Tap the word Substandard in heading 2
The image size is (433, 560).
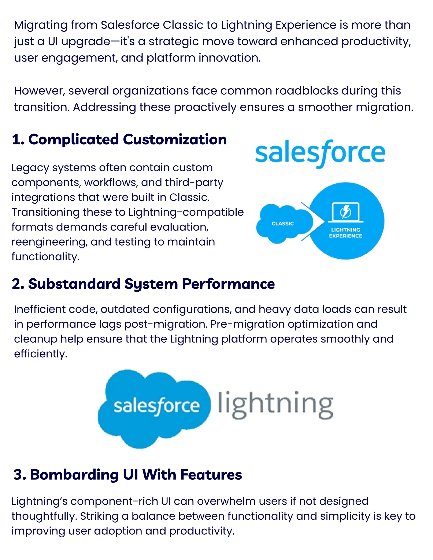point(74,284)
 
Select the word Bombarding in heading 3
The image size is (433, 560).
point(74,475)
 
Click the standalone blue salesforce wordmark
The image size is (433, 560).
point(320,153)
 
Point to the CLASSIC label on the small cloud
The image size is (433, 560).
point(283,224)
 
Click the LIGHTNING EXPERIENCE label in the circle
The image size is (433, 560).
point(345,233)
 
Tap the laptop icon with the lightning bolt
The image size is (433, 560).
point(345,212)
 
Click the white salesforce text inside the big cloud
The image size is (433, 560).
point(156,406)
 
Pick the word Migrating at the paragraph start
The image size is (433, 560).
point(41,25)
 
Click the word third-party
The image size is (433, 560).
point(194,183)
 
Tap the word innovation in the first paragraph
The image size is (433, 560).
point(230,58)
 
